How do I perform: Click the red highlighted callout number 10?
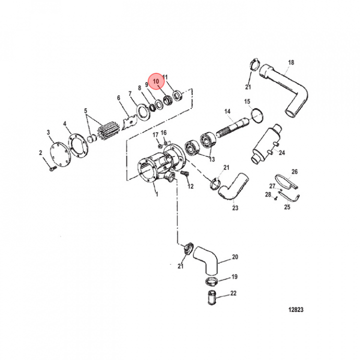156,80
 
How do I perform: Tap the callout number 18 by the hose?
291,62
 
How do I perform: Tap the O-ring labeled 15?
258,116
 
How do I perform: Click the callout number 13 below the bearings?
211,159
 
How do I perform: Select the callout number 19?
234,276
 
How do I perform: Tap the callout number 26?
294,171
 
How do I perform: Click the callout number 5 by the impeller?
85,111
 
